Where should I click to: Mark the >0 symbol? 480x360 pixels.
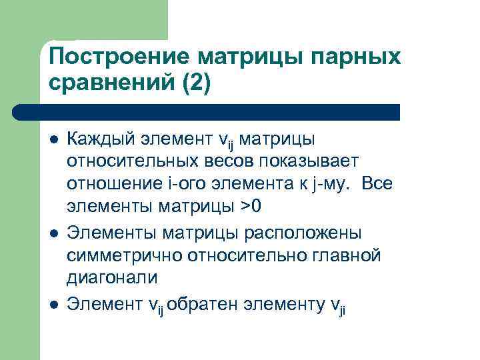[251, 207]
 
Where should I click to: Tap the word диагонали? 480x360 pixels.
[112, 277]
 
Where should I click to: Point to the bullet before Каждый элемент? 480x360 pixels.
[53, 141]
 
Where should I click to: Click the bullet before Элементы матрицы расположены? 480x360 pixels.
[53, 233]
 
